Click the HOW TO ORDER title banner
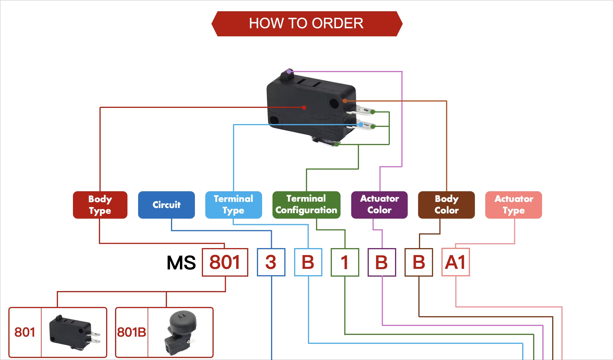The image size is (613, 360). click(x=306, y=24)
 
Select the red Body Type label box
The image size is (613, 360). click(x=100, y=205)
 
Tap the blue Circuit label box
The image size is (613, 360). click(x=166, y=205)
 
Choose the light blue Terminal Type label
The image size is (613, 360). click(x=234, y=205)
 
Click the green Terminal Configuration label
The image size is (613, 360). click(x=306, y=205)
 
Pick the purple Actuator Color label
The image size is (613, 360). click(x=379, y=205)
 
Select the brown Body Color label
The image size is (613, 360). click(x=446, y=205)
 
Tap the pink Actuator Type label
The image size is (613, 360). click(x=514, y=205)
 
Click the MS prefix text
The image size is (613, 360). click(x=181, y=263)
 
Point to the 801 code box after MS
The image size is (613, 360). click(x=225, y=262)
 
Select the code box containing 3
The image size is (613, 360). click(x=271, y=262)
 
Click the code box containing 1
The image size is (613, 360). click(x=345, y=262)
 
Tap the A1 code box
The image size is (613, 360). click(x=456, y=262)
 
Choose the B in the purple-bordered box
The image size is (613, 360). click(x=382, y=262)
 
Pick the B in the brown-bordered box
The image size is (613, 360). click(x=419, y=262)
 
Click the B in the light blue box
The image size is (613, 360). click(x=308, y=262)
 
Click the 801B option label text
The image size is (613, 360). click(x=131, y=332)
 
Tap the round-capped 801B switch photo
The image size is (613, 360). click(x=180, y=332)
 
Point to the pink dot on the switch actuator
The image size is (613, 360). click(x=289, y=71)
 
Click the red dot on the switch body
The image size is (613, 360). click(x=304, y=108)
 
